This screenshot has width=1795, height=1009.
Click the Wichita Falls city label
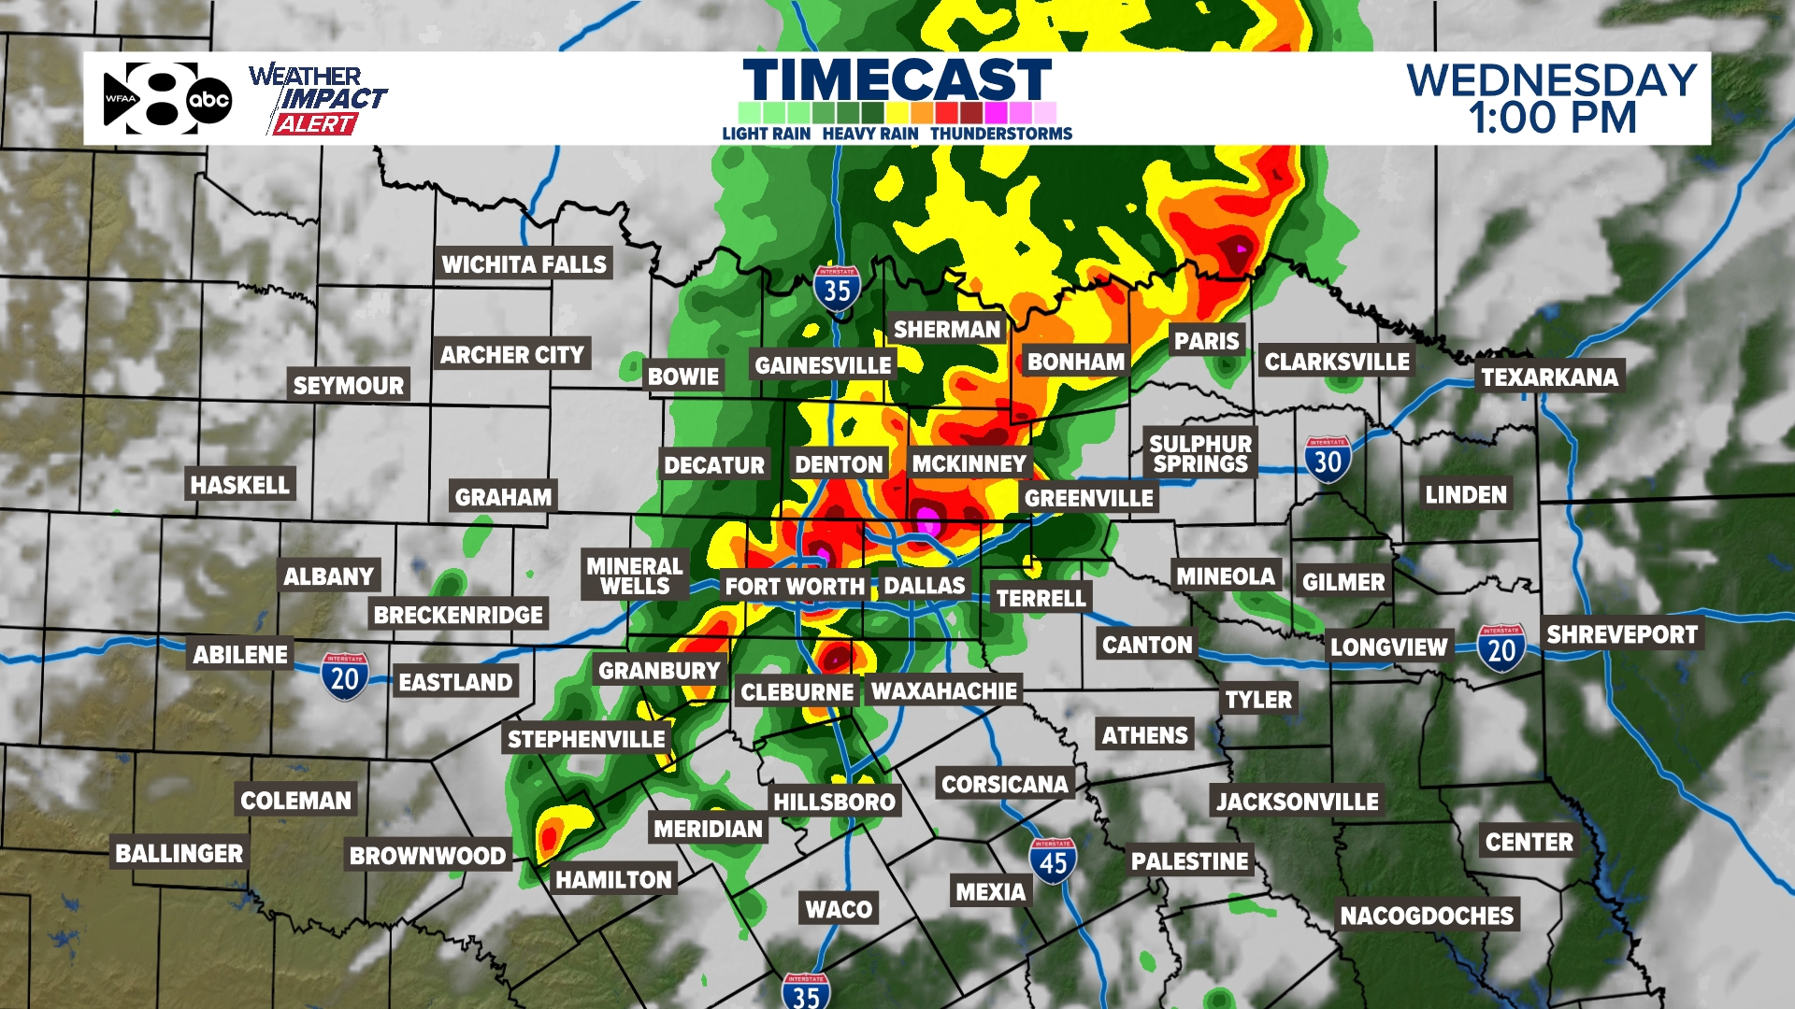(524, 264)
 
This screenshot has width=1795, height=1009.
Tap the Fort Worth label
(795, 587)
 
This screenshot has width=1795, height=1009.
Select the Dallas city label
(924, 586)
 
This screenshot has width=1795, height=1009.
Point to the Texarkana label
(1549, 377)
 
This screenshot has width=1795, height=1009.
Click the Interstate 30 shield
(1328, 460)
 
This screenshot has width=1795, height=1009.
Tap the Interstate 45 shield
(1053, 861)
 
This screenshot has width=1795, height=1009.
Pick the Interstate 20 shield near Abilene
(345, 676)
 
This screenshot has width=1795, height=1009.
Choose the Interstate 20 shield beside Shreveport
(1501, 648)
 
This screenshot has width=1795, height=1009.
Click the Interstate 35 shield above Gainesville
(837, 290)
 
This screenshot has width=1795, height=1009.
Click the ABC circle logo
(209, 100)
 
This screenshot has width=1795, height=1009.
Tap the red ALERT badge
(315, 124)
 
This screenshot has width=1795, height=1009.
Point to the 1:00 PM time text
(1552, 118)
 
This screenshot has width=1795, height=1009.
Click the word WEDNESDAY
(1552, 79)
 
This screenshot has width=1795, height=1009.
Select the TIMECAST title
(897, 78)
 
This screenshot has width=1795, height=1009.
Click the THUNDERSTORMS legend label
(1000, 134)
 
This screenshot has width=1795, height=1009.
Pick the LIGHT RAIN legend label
(766, 134)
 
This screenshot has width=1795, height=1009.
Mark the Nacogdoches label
(1427, 916)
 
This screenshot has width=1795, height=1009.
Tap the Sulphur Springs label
(1200, 453)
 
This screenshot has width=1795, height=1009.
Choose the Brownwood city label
(427, 856)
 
